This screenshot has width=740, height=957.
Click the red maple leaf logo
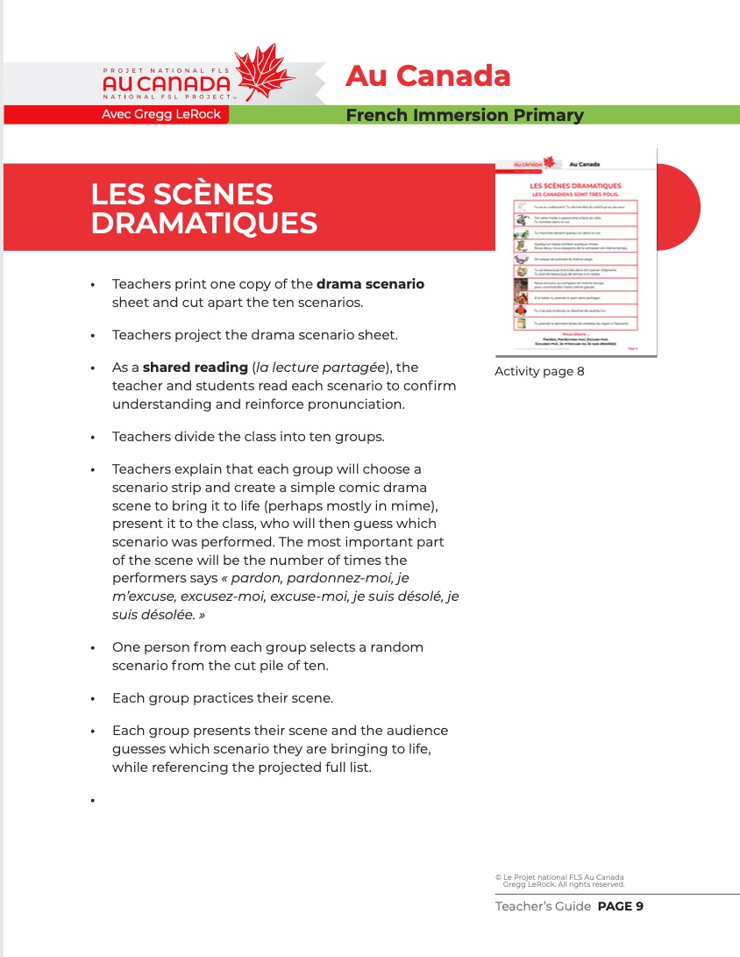(266, 74)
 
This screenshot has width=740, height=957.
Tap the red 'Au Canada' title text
(428, 75)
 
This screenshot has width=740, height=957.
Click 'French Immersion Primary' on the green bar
(464, 115)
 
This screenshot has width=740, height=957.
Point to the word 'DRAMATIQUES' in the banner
(203, 223)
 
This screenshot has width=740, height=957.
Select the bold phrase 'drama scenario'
(370, 284)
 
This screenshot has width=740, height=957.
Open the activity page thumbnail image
(576, 255)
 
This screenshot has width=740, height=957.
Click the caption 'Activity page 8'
(539, 371)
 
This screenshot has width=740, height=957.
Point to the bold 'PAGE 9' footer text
(620, 906)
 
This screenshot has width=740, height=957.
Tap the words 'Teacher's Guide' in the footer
(543, 906)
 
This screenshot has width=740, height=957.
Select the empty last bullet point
(92, 800)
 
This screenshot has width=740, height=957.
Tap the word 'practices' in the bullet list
(219, 698)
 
